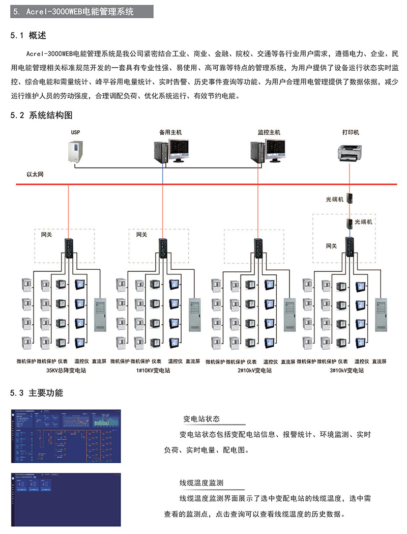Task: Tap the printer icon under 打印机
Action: [x=350, y=151]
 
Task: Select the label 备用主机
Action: [x=170, y=132]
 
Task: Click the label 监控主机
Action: [x=269, y=132]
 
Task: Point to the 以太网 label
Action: [x=35, y=175]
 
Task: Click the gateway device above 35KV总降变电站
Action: [x=69, y=247]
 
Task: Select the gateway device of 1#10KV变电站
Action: [x=163, y=247]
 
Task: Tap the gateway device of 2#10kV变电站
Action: [x=258, y=247]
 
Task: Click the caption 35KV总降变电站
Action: [x=66, y=371]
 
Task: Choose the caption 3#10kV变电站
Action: [x=347, y=371]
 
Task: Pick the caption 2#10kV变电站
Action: [x=254, y=371]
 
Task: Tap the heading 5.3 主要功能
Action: [x=37, y=393]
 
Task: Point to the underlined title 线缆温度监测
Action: [x=201, y=483]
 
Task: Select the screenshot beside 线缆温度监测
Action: [x=66, y=496]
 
